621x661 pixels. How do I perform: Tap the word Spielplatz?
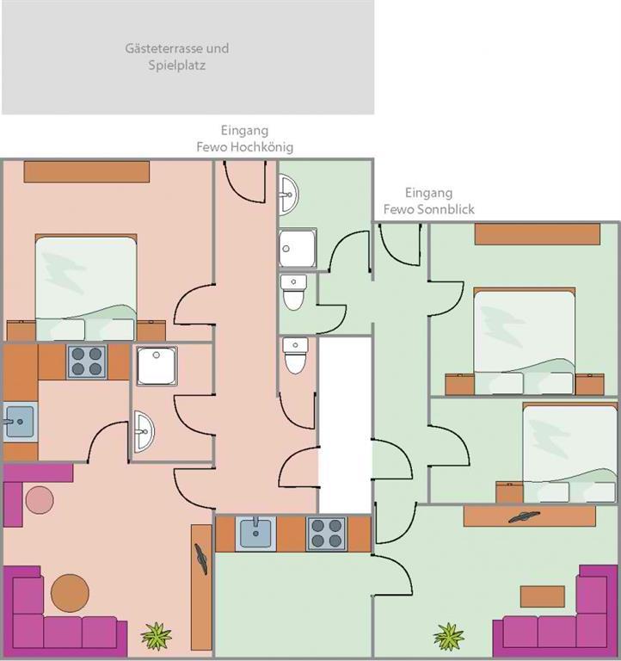177,65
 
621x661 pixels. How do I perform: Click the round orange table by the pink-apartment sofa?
70,593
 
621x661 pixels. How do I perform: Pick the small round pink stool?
40,500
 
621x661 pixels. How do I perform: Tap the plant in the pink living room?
157,636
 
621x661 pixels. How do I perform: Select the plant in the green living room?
449,637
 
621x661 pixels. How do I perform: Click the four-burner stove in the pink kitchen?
87,361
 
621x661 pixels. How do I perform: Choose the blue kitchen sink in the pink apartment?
19,422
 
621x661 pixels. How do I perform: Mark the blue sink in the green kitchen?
255,534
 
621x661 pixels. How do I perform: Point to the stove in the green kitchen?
327,534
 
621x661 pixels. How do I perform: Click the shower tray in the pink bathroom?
157,366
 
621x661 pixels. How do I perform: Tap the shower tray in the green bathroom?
298,249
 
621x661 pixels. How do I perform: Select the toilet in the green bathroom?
293,292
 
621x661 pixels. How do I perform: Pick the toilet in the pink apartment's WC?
295,355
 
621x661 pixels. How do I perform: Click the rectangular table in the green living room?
542,596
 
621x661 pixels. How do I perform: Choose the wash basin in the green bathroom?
288,195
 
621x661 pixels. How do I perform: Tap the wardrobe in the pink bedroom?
86,171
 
